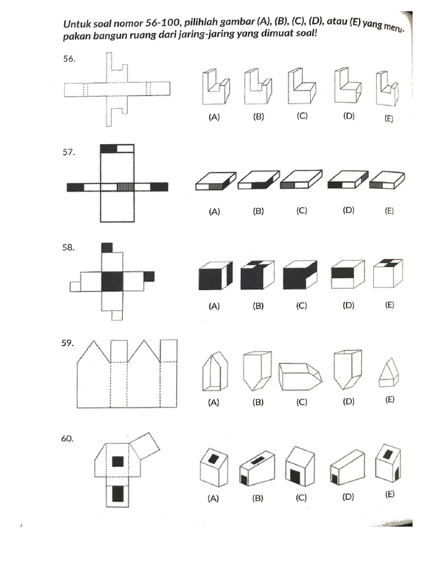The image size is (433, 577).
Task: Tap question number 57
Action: [x=69, y=152]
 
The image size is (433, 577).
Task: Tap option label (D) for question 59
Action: [x=346, y=401]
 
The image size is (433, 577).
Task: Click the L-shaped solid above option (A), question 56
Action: [x=215, y=87]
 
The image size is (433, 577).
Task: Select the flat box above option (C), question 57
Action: [x=302, y=180]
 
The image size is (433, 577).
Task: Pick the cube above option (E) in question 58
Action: [x=388, y=275]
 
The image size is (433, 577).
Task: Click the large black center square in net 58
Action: [x=112, y=280]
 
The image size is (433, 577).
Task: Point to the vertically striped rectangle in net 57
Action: [x=126, y=186]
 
